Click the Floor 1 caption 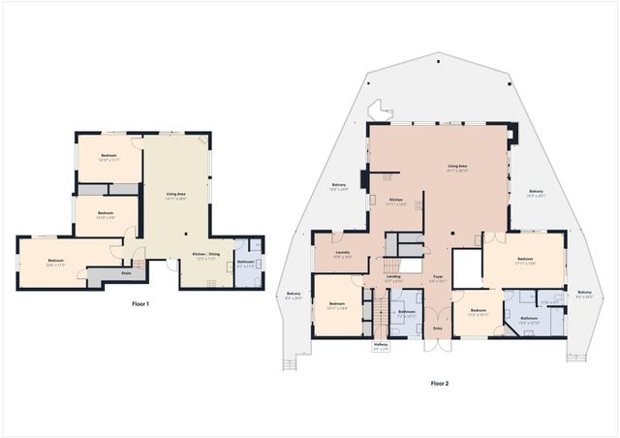[x=141, y=304]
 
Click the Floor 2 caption [x=439, y=383]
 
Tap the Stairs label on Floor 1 [x=125, y=273]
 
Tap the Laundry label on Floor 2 [x=342, y=254]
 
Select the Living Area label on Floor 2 [x=458, y=168]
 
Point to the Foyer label [x=438, y=276]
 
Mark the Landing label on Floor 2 [x=394, y=277]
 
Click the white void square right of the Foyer [x=466, y=267]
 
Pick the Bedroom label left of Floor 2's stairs [x=337, y=304]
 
